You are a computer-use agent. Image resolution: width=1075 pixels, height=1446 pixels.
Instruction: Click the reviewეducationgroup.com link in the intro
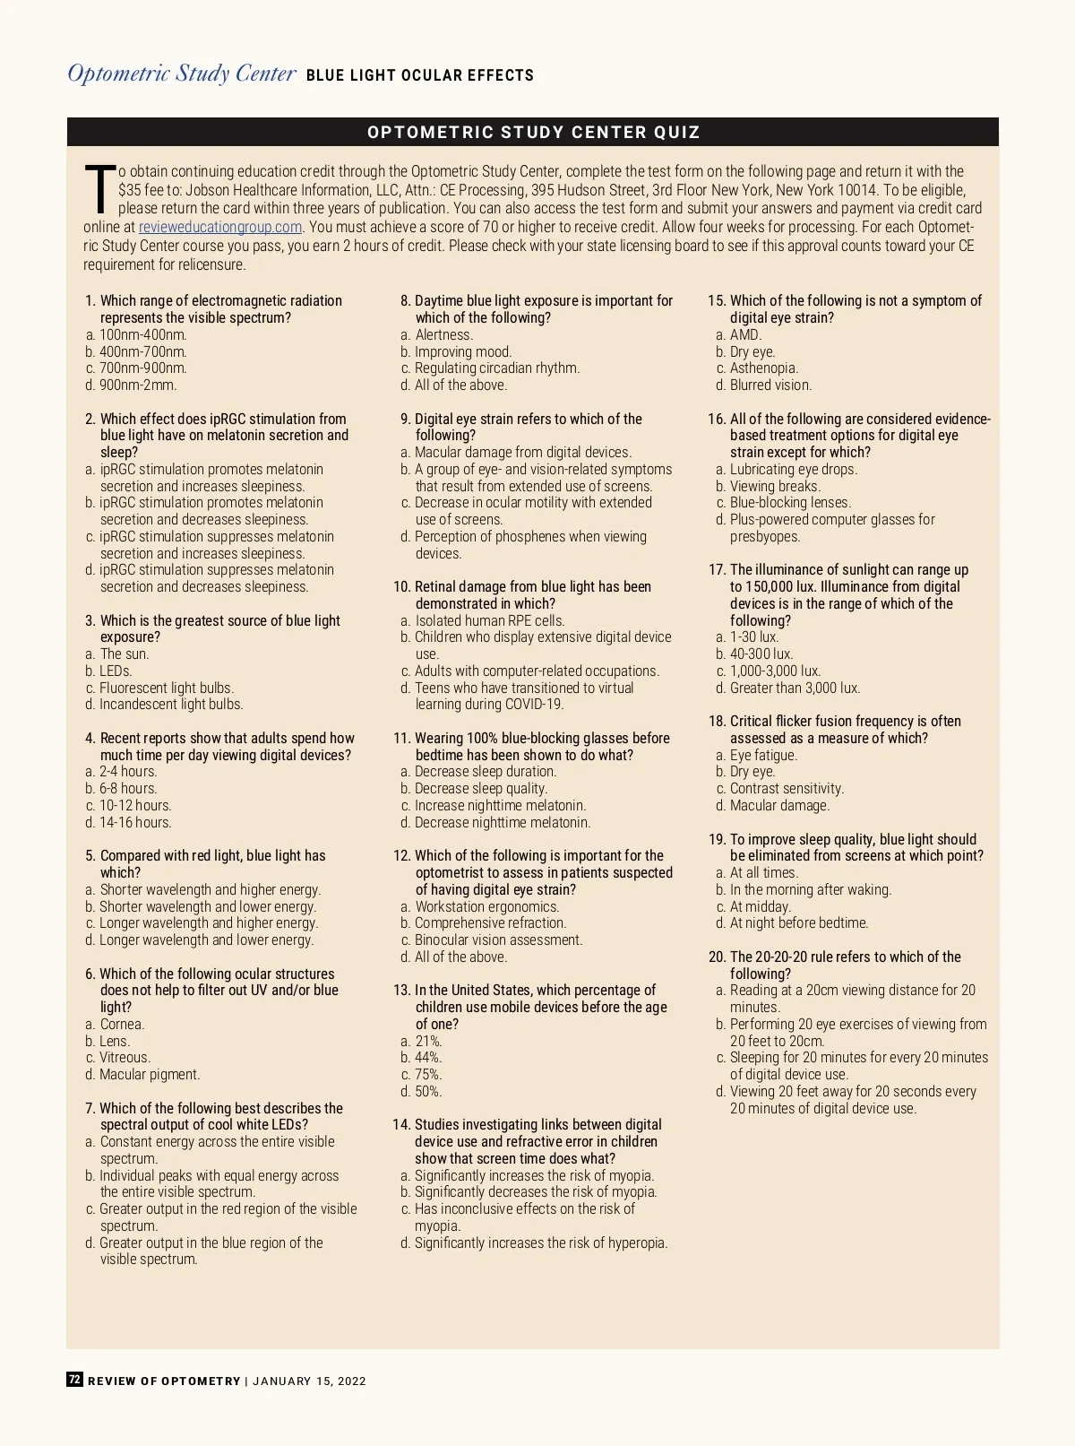(219, 227)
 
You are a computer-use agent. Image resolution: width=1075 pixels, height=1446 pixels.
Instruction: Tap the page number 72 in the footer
(75, 1380)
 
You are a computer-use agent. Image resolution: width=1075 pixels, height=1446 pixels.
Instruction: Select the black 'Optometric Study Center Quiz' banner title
(534, 133)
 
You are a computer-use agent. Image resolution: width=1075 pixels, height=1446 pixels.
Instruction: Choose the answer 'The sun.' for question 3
(125, 654)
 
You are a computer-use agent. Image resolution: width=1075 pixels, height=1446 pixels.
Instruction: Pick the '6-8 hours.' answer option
(128, 788)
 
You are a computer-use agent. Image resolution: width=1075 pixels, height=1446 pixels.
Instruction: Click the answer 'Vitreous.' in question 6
(125, 1057)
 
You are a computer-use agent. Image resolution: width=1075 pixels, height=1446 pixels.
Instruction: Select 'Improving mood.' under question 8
(462, 351)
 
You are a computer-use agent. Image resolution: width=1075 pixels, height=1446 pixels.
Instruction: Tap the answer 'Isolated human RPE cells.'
(489, 620)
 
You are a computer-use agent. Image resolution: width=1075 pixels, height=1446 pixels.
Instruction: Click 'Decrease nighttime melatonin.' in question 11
(502, 822)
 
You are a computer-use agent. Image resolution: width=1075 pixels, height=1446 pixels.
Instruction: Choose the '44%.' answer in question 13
(428, 1057)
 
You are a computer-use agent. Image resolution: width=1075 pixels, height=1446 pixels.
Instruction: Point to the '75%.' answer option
(428, 1074)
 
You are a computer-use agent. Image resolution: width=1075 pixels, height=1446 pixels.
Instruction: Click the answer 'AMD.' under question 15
(745, 334)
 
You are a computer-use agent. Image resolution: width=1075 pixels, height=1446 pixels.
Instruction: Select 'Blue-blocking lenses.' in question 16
(790, 502)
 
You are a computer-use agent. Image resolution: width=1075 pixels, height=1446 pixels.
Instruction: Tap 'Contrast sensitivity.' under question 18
(787, 788)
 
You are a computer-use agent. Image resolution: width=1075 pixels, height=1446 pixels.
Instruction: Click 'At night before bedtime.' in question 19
(799, 922)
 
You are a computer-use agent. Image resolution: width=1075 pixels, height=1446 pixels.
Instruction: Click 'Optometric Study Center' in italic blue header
(182, 74)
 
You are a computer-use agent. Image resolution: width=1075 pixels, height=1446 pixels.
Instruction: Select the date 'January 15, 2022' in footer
(310, 1381)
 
